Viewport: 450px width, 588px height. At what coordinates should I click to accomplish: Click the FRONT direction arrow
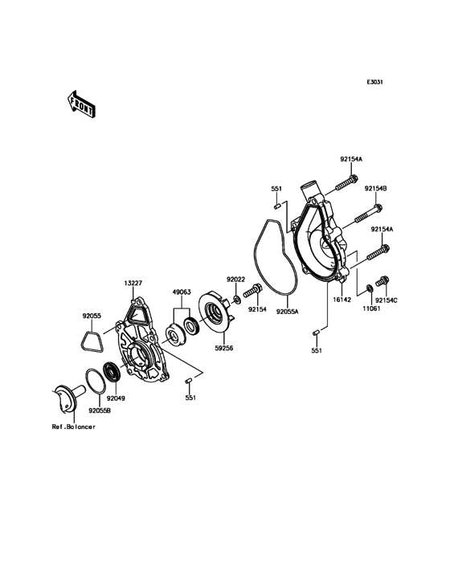pos(81,104)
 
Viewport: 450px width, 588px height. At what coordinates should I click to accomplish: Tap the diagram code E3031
pos(374,82)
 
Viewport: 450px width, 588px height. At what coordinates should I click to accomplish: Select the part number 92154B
pos(375,189)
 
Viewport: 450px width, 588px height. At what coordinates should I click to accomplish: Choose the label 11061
pos(372,309)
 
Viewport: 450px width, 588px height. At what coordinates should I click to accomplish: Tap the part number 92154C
pos(387,300)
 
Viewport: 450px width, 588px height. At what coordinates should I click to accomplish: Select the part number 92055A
pos(287,311)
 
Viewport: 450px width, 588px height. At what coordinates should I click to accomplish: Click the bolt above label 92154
pos(253,290)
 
